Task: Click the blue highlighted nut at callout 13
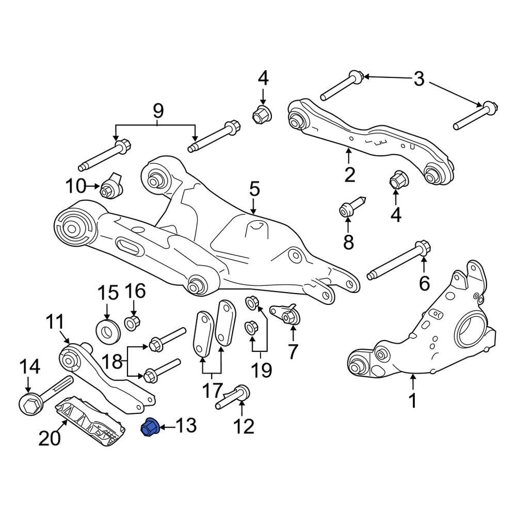150,427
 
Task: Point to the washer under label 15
108,331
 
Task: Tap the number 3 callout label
419,79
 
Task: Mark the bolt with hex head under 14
44,397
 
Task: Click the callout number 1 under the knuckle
413,400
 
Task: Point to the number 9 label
157,110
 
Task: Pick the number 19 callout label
261,369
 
